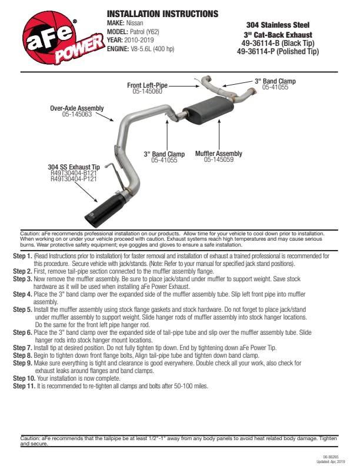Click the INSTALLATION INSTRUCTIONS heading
pos(162,14)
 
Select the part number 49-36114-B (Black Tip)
pos(278,43)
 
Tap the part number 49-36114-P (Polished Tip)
pos(278,51)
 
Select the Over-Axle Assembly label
pos(76,108)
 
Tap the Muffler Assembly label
pos(218,154)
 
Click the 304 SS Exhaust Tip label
pos(74,168)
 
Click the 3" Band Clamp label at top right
pos(275,81)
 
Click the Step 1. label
pos(22,257)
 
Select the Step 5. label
pos(22,309)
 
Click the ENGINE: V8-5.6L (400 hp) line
pos(141,49)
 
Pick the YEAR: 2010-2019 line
pos(128,40)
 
